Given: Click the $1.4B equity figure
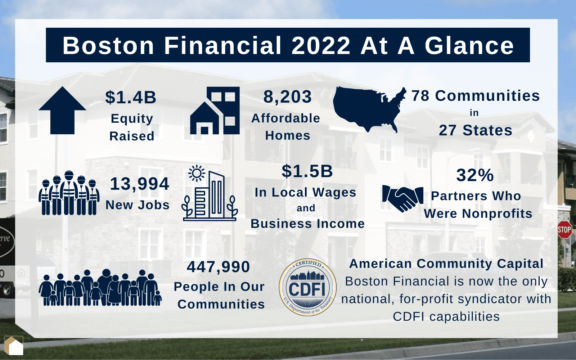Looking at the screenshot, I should (131, 97).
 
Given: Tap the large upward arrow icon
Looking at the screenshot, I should (62, 111).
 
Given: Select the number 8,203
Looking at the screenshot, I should (287, 97).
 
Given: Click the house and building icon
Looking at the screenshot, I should (215, 111).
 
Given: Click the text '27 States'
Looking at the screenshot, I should (475, 130).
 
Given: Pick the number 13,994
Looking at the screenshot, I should (139, 184).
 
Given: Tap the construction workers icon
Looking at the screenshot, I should (69, 193).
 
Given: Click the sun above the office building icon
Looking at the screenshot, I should (197, 174).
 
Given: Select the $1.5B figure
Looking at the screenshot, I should (307, 171).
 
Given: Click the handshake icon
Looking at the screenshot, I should (402, 198).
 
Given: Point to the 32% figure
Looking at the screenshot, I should (475, 175).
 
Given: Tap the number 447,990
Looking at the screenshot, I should (218, 267).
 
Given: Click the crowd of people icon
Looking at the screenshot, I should (100, 288).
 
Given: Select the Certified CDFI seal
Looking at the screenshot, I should (307, 287).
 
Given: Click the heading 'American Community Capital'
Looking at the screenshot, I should (446, 264).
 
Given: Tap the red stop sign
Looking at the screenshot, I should (564, 230).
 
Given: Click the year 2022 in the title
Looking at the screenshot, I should (321, 46).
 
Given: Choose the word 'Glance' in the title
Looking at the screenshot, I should (469, 46).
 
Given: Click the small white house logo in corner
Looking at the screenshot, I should (14, 346).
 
